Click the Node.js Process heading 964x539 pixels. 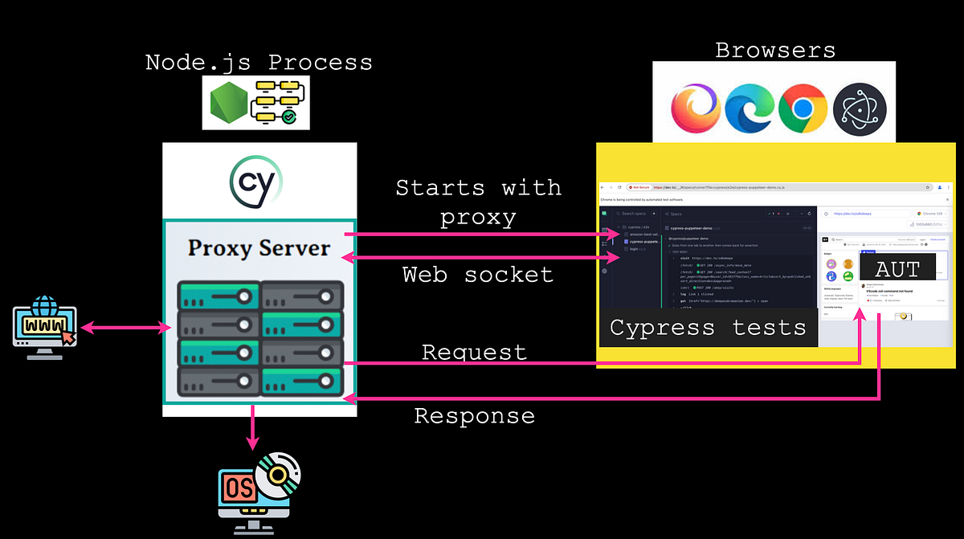[259, 63]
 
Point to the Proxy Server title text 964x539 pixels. [259, 247]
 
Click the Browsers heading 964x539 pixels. [775, 51]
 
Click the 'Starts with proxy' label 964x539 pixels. [478, 202]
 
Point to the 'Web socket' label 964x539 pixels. [478, 275]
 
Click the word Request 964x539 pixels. [474, 352]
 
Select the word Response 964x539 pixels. [474, 416]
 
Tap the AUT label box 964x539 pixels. [897, 268]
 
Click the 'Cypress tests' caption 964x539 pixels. [707, 328]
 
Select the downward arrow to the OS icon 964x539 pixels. [254, 427]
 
